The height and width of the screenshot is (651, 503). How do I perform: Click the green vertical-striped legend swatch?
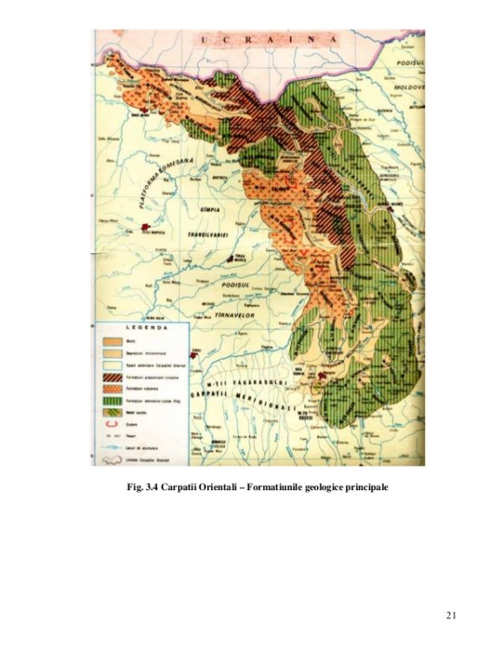110,401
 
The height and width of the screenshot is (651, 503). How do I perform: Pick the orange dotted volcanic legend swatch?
110,390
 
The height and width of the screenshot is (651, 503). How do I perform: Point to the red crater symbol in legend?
109,423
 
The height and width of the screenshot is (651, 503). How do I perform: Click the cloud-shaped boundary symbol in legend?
110,458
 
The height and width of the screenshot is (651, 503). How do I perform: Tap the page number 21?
451,617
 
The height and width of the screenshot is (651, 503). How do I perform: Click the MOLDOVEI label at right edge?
411,87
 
